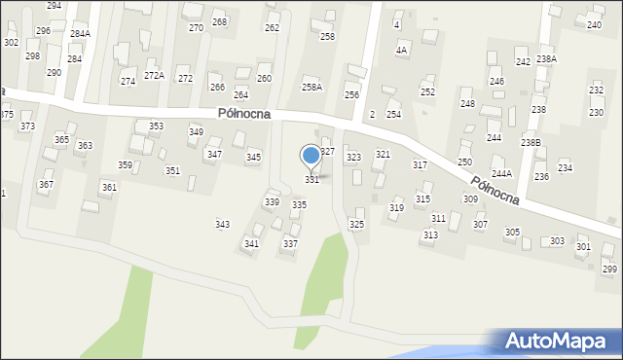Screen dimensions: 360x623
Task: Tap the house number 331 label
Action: [311, 180]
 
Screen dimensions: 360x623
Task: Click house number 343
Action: [222, 225]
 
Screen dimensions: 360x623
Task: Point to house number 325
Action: [357, 225]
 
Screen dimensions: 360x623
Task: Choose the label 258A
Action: [311, 88]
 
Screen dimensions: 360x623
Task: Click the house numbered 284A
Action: [81, 34]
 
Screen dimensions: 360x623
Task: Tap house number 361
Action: [109, 188]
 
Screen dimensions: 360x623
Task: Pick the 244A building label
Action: [501, 174]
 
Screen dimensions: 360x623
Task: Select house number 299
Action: [609, 270]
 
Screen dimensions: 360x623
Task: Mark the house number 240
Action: [594, 24]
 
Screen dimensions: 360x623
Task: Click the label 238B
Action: [531, 143]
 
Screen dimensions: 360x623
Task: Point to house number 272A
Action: [154, 76]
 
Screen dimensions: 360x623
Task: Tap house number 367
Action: [46, 185]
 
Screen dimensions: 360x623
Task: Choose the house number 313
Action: [430, 235]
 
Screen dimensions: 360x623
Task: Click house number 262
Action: [272, 28]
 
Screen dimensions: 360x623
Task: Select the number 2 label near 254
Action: [373, 115]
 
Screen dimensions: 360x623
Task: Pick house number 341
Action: [251, 244]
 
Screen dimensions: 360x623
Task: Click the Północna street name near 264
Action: [244, 114]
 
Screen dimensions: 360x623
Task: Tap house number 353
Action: [156, 126]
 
